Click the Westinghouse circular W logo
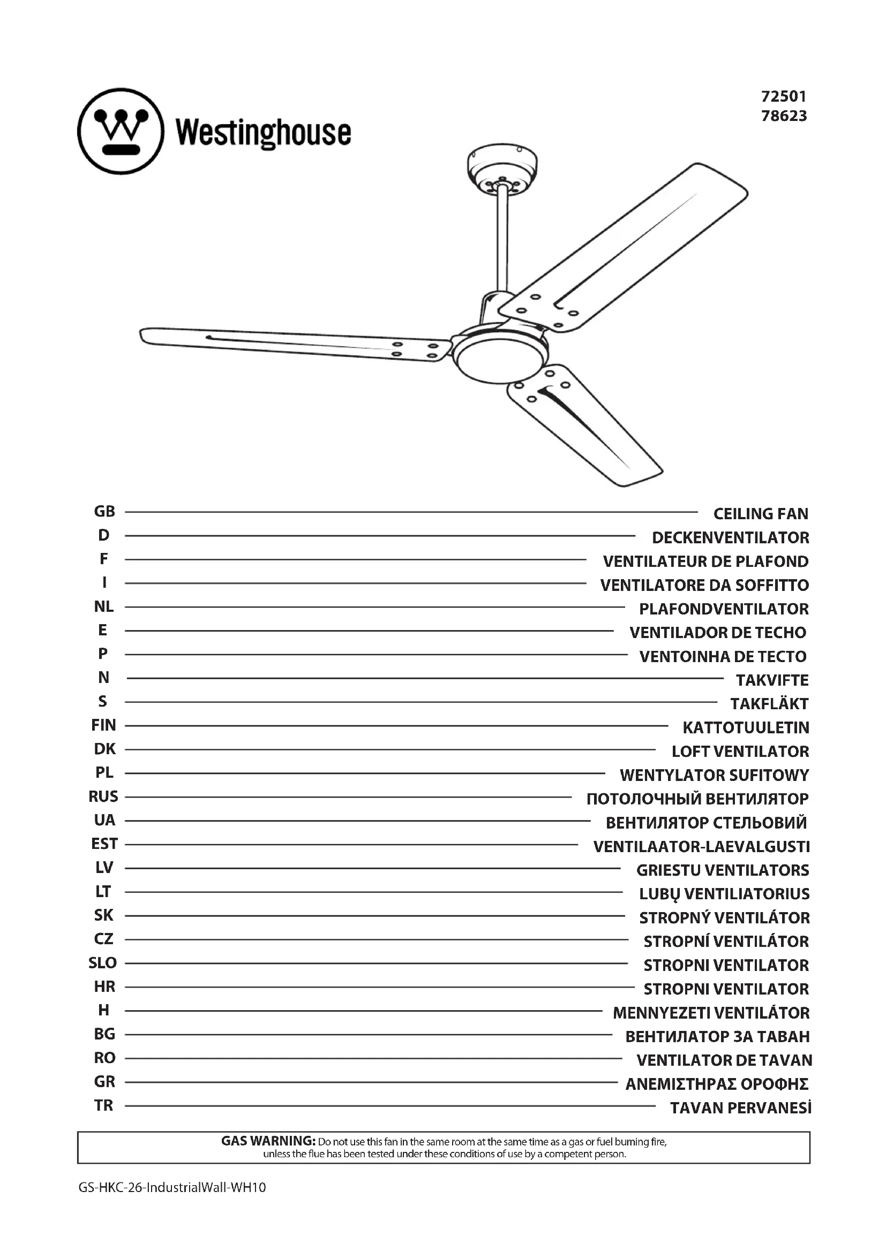(121, 132)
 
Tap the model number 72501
(784, 96)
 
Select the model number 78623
(784, 116)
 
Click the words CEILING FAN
(761, 513)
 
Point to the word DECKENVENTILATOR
(730, 537)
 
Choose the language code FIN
(104, 725)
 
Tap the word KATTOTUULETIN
(746, 727)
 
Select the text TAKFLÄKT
(769, 703)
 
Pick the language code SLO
(102, 963)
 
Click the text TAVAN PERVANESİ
(740, 1108)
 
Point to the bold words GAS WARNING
(268, 1140)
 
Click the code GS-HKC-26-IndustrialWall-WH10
(172, 1187)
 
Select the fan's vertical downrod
(502, 240)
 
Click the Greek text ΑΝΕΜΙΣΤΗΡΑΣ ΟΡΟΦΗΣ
(716, 1084)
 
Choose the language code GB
(104, 512)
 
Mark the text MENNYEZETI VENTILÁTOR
(711, 1013)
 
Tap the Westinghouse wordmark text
(264, 133)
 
